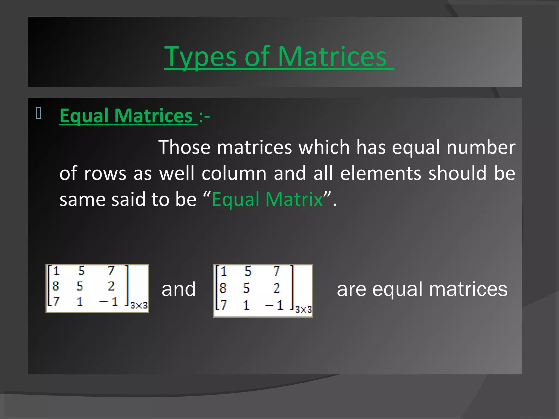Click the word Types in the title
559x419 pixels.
[200, 57]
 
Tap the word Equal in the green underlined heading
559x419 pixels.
[84, 116]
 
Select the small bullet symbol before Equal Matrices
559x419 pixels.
[38, 113]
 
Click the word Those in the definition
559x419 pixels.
[185, 147]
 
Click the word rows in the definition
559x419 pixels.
[105, 173]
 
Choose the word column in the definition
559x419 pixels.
[234, 173]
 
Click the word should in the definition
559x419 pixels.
[457, 173]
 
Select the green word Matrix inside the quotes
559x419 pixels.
[294, 199]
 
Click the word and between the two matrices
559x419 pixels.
[179, 289]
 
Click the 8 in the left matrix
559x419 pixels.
[56, 286]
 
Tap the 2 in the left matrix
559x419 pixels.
[111, 286]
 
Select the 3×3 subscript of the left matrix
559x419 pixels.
[139, 305]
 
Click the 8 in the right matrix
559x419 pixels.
[223, 288]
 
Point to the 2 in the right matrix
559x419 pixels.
[276, 288]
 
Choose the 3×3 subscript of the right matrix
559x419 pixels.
[303, 309]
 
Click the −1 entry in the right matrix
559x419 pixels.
[274, 305]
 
